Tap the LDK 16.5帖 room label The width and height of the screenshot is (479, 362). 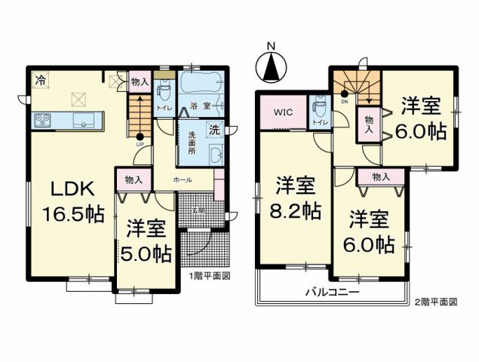tap(67, 202)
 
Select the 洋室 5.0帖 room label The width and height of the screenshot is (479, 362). tap(146, 239)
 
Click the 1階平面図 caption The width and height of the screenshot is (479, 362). tap(210, 275)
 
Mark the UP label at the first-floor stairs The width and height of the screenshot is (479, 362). tap(140, 144)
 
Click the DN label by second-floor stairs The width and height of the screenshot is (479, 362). tap(344, 100)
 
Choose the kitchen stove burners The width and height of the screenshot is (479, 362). tap(41, 120)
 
